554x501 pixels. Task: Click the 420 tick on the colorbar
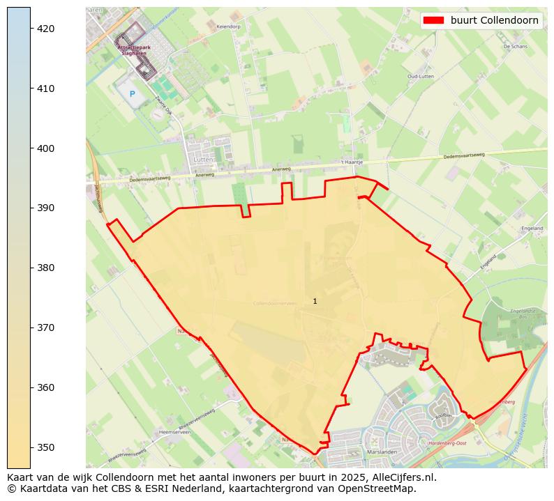46,29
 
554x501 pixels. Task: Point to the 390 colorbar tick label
46,208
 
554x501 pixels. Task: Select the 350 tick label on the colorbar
46,447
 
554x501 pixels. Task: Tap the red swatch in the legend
433,20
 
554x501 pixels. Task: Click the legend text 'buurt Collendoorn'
494,20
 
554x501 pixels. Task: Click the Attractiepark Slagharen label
132,50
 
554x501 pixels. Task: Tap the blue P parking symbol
132,93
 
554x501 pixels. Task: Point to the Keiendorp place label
228,26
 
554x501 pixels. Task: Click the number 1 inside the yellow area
315,301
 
